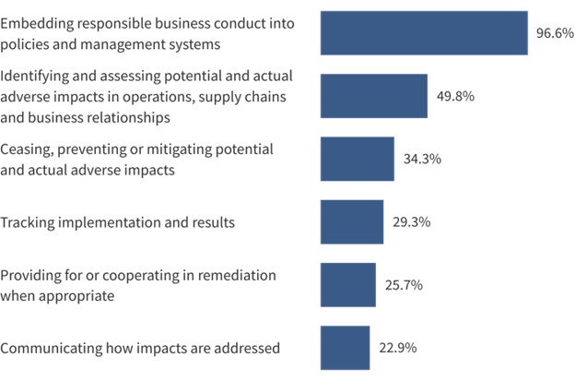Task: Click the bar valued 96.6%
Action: point(424,33)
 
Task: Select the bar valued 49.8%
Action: point(373,96)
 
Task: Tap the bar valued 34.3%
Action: point(357,159)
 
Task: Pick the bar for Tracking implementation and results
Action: point(351,222)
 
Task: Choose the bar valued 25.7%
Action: point(347,285)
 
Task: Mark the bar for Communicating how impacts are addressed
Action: point(345,348)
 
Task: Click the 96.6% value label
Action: point(555,33)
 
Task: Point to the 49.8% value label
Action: point(455,96)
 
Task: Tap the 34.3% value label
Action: point(422,159)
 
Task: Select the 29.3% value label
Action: point(411,222)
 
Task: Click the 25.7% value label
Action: point(404,285)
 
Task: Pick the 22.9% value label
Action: point(398,348)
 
